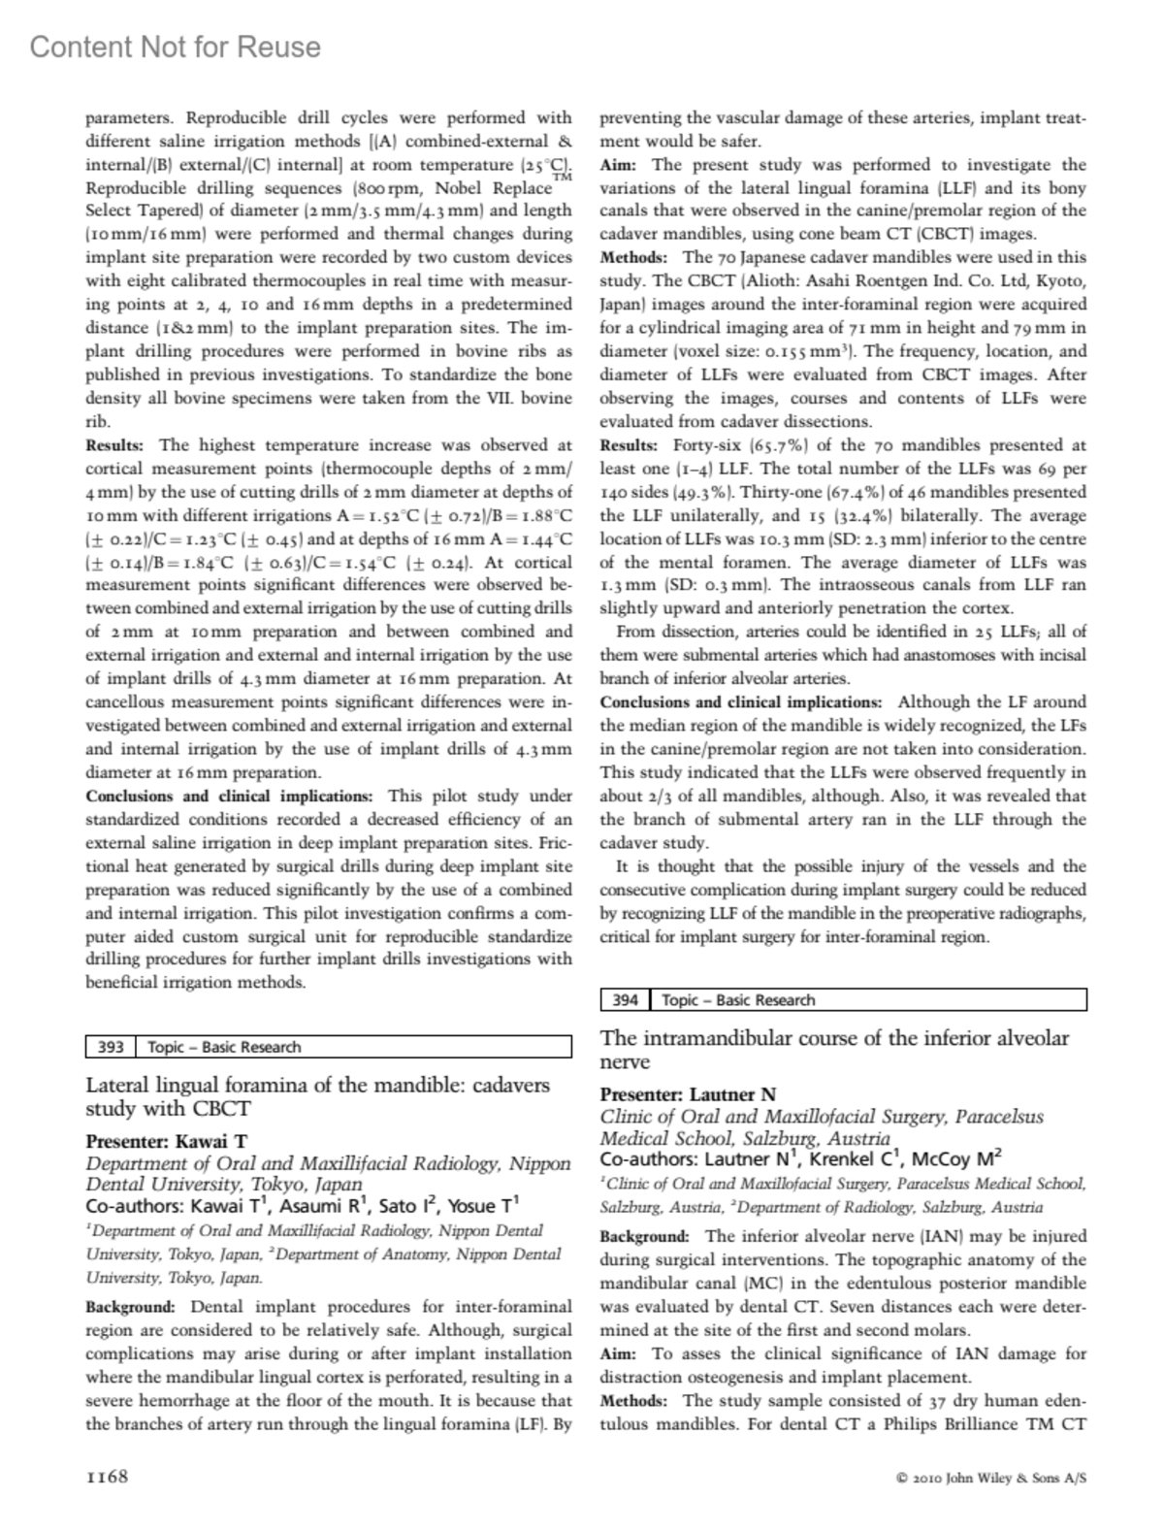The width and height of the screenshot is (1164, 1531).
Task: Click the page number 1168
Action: [107, 1478]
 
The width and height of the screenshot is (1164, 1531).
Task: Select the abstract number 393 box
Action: [111, 1047]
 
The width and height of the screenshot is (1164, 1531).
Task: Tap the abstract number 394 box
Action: [626, 1000]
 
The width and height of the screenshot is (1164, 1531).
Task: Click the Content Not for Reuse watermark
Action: [175, 47]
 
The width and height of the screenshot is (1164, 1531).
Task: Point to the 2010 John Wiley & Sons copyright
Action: [991, 1479]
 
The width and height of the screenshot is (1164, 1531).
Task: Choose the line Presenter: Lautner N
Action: [688, 1094]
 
